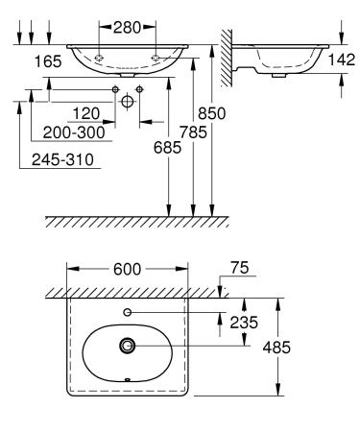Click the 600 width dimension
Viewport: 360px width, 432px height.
(128, 269)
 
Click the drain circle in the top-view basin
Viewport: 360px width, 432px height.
(128, 346)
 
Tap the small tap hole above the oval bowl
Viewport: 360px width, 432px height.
(128, 312)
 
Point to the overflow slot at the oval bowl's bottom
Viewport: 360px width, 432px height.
(128, 378)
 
